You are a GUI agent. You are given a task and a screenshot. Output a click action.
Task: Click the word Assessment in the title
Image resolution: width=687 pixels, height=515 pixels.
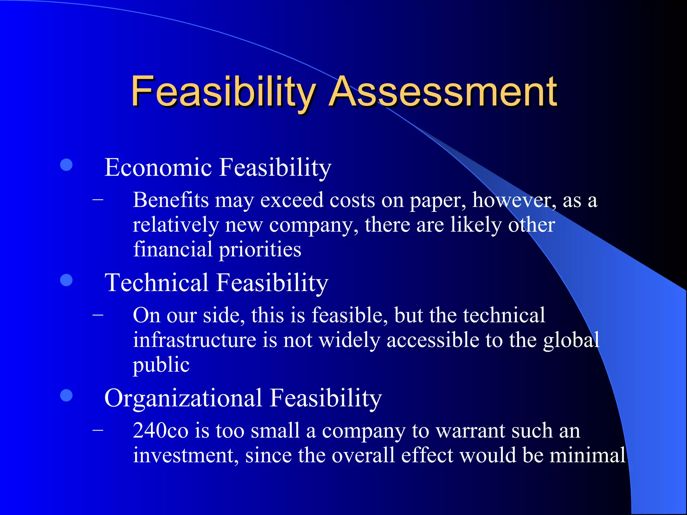[443, 91]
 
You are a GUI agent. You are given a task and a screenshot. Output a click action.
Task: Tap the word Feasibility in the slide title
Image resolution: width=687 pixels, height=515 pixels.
[223, 91]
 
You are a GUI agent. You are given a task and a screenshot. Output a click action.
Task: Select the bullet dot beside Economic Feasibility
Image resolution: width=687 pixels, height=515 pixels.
[66, 165]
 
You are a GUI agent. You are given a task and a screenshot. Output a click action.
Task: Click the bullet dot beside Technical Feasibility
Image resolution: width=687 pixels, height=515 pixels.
[66, 280]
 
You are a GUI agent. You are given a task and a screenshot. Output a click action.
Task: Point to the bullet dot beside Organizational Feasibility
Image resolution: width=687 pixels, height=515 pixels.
[66, 395]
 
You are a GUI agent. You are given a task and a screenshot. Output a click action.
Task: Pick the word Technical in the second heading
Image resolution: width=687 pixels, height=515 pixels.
[157, 282]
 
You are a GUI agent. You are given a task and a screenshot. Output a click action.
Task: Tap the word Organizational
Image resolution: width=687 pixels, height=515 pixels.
[183, 398]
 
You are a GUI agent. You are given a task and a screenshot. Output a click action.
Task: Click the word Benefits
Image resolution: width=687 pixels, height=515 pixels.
[171, 200]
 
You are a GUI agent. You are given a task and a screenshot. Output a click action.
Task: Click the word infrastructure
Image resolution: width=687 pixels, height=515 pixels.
[195, 340]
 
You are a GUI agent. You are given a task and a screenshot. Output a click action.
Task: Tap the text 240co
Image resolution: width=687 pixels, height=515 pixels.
[160, 431]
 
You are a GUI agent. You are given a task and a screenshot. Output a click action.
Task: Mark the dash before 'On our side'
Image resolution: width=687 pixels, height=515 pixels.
[98, 315]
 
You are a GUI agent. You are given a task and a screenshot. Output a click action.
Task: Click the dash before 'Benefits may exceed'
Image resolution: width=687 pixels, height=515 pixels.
[98, 200]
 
